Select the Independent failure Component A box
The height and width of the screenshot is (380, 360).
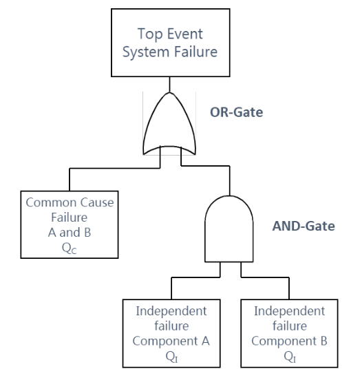[171, 332]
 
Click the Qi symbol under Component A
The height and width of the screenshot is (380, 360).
[171, 355]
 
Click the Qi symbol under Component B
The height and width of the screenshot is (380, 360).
[288, 355]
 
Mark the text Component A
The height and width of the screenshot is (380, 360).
[171, 340]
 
